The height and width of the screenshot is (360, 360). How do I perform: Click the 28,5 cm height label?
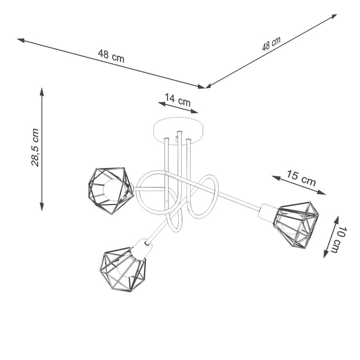(35, 147)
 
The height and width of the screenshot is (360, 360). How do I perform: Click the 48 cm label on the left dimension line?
(111, 55)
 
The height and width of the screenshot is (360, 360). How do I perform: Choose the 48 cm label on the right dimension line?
(271, 43)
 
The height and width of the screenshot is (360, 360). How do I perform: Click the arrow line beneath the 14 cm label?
(178, 107)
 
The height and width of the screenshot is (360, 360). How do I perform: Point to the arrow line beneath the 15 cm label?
(299, 185)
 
